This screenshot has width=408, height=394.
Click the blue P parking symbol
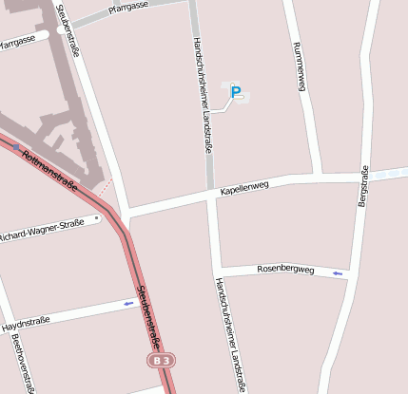[236, 93]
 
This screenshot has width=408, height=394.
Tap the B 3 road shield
[162, 361]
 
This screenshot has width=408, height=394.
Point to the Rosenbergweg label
[285, 270]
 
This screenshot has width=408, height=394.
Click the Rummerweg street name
[300, 66]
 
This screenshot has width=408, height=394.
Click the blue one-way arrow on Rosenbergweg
[337, 273]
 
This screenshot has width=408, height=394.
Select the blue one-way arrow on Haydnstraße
[129, 304]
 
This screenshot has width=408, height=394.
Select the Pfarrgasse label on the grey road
[127, 8]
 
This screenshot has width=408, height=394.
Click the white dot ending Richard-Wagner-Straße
[97, 220]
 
